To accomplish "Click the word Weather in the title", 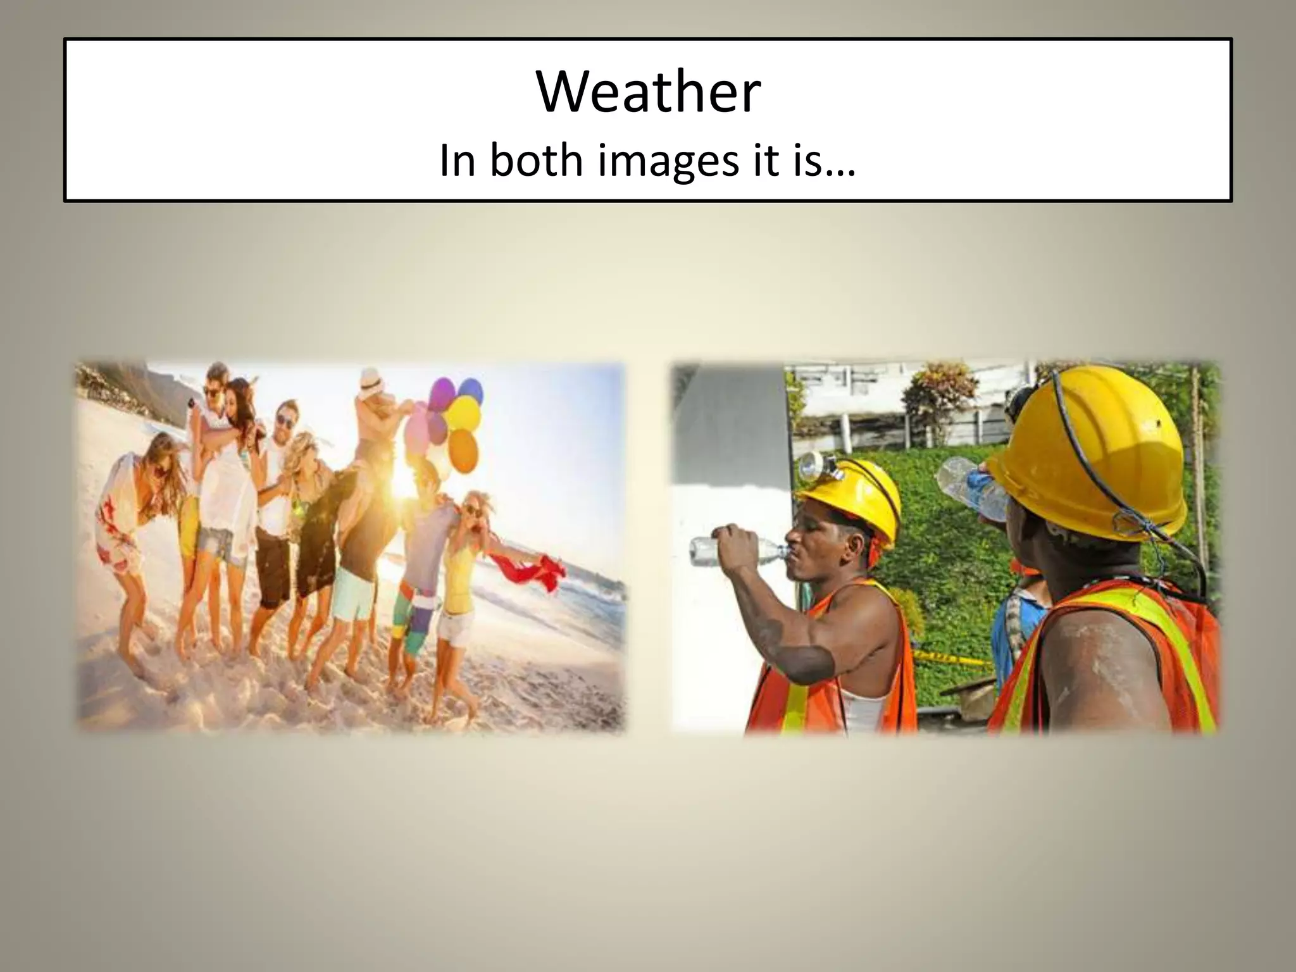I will coord(648,92).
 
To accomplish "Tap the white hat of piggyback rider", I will coord(370,380).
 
